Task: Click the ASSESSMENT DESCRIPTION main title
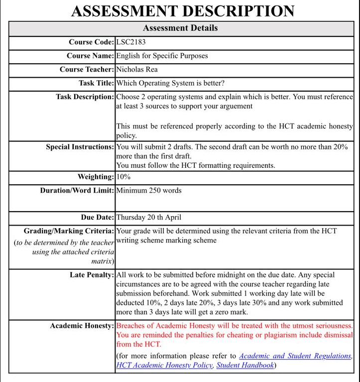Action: tap(183, 11)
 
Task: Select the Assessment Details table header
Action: tap(180, 28)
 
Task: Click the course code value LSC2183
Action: tap(131, 42)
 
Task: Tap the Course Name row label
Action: tap(90, 56)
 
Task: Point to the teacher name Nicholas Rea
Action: tap(137, 69)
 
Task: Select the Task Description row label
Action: tap(85, 97)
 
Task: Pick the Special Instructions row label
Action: tap(80, 147)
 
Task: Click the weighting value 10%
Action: tap(124, 177)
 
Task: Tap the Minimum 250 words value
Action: tap(149, 190)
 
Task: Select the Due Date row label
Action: tap(97, 217)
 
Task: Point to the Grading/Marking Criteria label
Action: tap(69, 231)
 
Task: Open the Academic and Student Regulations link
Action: tap(295, 356)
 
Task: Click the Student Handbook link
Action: tap(245, 365)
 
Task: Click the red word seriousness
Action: tap(330, 325)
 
